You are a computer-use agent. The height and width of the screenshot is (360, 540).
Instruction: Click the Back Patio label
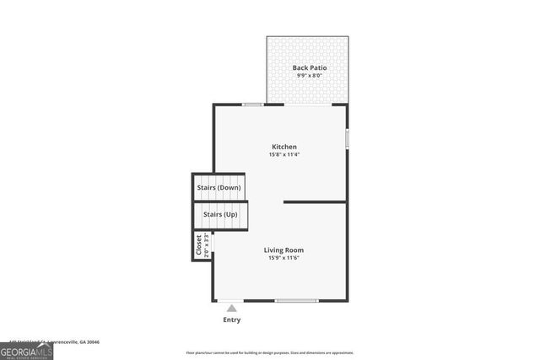coord(310,67)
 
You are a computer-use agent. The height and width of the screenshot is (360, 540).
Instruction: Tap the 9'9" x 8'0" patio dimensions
coord(310,76)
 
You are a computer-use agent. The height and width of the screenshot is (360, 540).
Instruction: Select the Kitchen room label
coord(283,147)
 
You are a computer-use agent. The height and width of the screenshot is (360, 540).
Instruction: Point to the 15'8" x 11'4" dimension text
coord(283,155)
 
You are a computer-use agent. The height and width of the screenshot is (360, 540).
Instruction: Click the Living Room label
coord(283,250)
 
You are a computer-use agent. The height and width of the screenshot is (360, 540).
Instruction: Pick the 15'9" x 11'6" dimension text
coord(283,258)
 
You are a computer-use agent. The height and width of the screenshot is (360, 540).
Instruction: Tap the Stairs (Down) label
coord(219,187)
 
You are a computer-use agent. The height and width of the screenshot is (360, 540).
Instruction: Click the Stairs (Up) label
coord(220,214)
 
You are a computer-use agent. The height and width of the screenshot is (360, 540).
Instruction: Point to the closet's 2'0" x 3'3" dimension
coord(207,245)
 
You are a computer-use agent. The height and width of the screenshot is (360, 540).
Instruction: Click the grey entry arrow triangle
coord(231,309)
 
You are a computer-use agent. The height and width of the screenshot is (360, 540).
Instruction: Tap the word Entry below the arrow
coord(231,320)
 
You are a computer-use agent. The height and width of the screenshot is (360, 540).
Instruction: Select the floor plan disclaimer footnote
coord(270,352)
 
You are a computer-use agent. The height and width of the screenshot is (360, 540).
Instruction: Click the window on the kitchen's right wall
coord(347,137)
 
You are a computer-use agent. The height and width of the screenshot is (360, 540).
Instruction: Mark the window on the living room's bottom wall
coord(297,301)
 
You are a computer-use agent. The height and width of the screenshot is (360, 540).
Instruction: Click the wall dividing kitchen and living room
coord(315,202)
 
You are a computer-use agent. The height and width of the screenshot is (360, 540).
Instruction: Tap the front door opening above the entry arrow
coord(230,301)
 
